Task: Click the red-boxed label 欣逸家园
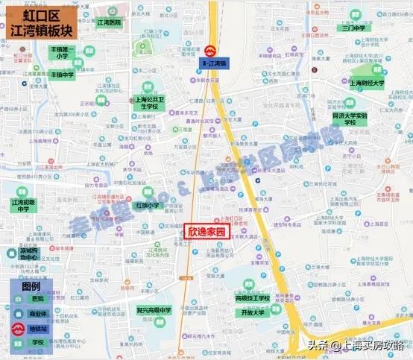(206, 231)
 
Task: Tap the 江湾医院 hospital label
(109, 23)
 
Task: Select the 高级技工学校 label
(253, 298)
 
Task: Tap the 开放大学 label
(253, 313)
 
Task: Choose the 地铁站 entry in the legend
(38, 329)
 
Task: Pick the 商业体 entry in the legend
(38, 314)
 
